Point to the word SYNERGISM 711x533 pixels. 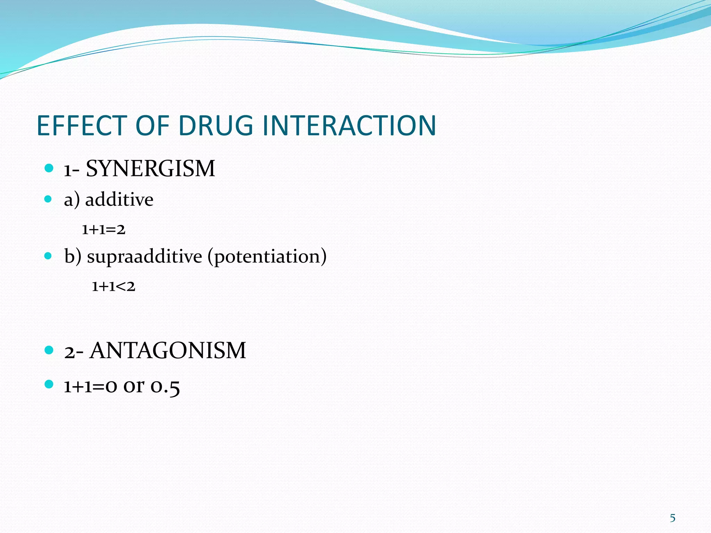[x=150, y=169]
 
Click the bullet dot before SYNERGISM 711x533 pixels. [x=49, y=169]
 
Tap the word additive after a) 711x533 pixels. [x=119, y=200]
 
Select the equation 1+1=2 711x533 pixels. [x=103, y=230]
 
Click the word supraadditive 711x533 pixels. [x=144, y=257]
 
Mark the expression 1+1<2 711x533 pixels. [x=113, y=287]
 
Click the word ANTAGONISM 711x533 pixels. [x=168, y=350]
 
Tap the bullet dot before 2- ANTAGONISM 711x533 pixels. [x=49, y=350]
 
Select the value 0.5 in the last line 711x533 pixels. [x=165, y=387]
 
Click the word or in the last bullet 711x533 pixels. [x=134, y=387]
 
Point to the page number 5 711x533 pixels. [x=672, y=518]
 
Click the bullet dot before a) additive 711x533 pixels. [x=48, y=199]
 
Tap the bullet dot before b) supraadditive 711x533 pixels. [x=48, y=256]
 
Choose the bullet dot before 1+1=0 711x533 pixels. [x=49, y=384]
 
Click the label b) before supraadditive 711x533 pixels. [x=73, y=257]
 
